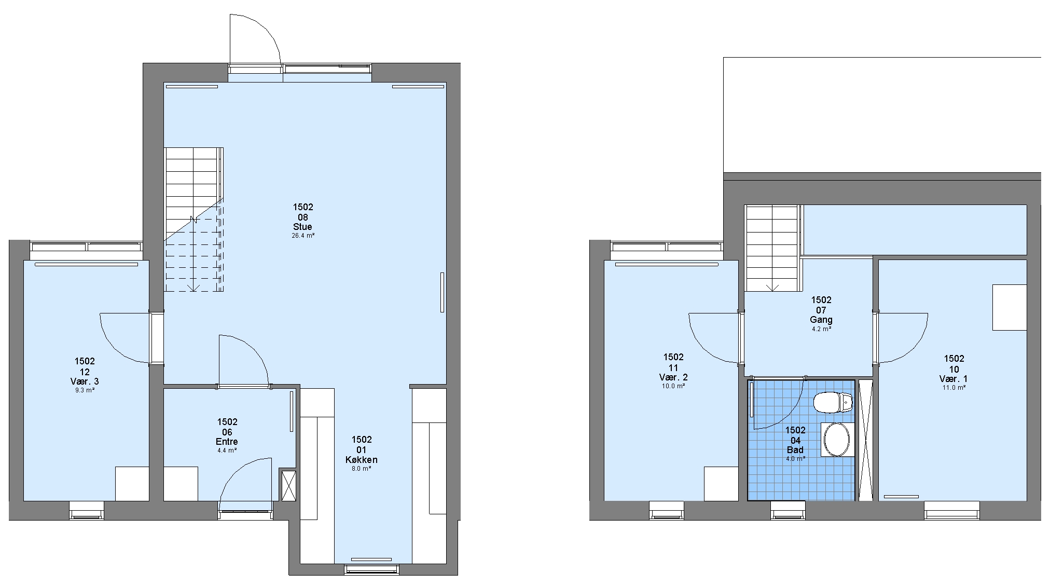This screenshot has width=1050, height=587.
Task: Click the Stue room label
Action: click(302, 227)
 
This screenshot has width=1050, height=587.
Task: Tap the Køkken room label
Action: click(361, 460)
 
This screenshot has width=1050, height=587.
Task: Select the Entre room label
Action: click(227, 442)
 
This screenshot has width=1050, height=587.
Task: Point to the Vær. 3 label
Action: click(85, 381)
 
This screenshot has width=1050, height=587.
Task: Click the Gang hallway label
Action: click(821, 320)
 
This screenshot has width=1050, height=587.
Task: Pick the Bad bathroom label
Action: click(795, 450)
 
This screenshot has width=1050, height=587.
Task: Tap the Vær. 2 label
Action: click(673, 377)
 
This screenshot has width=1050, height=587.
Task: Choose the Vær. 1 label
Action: click(954, 379)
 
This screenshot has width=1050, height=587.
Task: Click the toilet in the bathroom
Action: click(833, 402)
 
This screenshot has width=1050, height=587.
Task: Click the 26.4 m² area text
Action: click(302, 236)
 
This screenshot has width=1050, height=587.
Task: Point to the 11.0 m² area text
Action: click(954, 388)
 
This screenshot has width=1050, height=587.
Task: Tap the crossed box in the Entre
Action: click(288, 485)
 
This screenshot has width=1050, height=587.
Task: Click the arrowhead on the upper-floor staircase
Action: click(772, 288)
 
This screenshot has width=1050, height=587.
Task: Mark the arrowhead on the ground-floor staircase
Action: click(194, 288)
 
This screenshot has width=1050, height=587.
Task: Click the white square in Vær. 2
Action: click(721, 484)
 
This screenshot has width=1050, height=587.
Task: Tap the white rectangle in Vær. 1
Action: click(1010, 307)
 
